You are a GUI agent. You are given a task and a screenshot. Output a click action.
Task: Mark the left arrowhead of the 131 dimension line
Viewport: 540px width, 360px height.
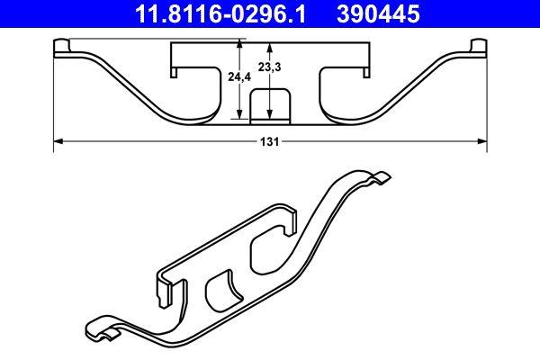[58, 141]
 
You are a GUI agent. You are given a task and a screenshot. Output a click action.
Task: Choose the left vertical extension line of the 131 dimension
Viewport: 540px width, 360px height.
[55, 99]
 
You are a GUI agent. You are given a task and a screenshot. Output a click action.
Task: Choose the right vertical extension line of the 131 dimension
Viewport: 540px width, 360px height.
[486, 99]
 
